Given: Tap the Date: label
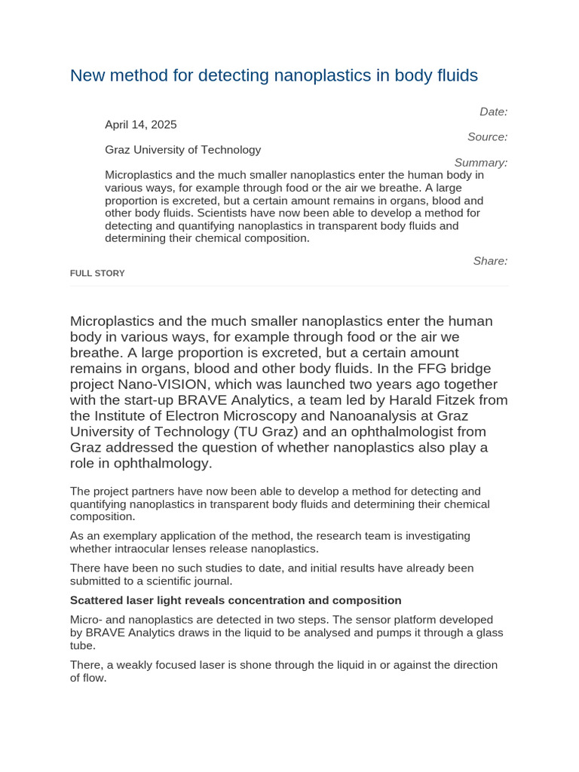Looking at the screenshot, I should [493, 112].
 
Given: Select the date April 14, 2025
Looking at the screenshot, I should [141, 124].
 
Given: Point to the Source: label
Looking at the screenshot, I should [487, 137].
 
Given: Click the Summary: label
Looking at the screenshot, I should [481, 163].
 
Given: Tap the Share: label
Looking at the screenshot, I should [490, 261].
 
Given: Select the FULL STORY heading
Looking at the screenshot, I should [97, 274].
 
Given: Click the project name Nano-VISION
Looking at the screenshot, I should [158, 384].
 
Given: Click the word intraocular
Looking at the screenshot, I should [143, 548].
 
